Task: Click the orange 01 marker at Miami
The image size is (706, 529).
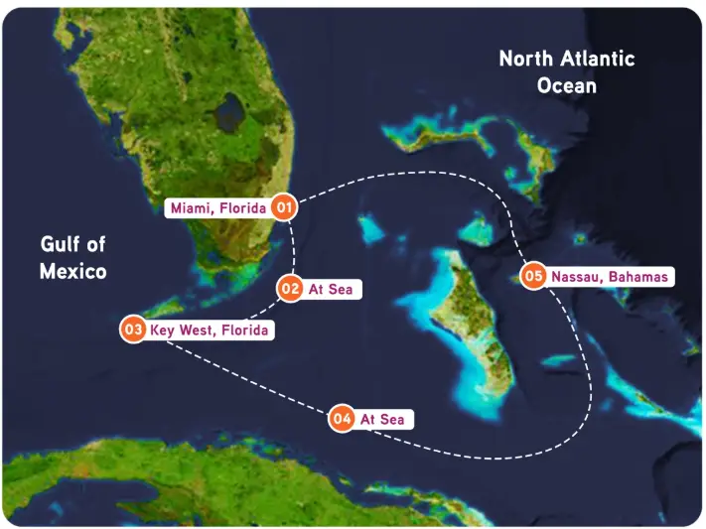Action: [x=285, y=207]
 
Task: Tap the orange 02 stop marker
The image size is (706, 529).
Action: [x=290, y=289]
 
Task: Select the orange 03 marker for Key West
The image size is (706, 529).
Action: [x=133, y=330]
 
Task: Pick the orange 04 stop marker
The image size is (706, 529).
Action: [x=343, y=419]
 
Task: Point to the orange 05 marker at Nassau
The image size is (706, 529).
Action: [x=534, y=276]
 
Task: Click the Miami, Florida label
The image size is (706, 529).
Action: [x=218, y=208]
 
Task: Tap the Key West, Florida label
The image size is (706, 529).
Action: [x=209, y=330]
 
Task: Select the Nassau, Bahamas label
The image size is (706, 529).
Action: [x=609, y=276]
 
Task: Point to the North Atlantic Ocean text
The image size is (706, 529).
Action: [x=566, y=71]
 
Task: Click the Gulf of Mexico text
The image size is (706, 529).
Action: [x=73, y=257]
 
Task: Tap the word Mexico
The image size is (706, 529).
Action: [x=73, y=270]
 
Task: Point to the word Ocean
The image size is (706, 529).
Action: [x=567, y=85]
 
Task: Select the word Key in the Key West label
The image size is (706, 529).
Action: [x=164, y=330]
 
